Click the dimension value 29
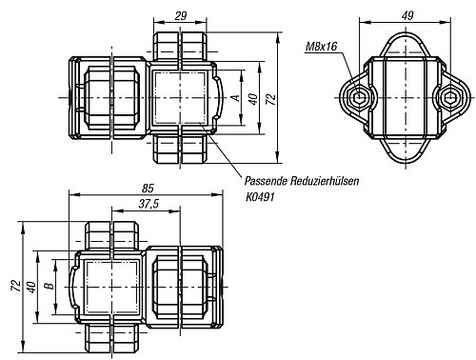click(x=181, y=15)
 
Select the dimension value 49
click(x=407, y=15)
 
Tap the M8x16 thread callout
click(x=321, y=47)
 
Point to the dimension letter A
click(x=236, y=97)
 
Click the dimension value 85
click(x=148, y=189)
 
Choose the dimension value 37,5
click(x=149, y=204)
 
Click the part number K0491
click(x=260, y=197)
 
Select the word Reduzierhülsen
click(x=325, y=181)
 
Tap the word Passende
click(x=266, y=181)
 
